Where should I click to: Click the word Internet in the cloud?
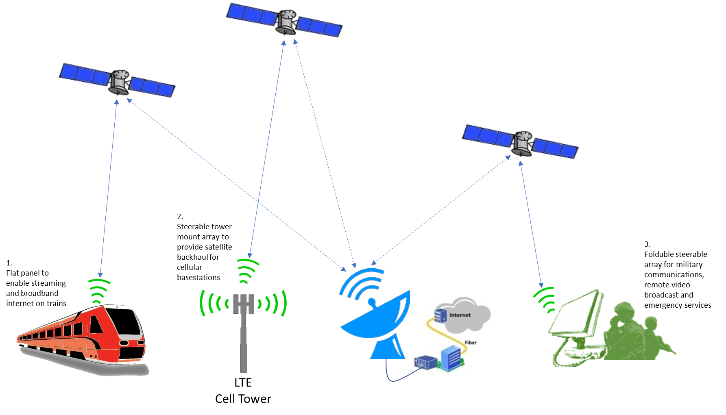(460, 315)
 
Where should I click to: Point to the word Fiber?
(471, 343)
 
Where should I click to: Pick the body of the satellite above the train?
(119, 81)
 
